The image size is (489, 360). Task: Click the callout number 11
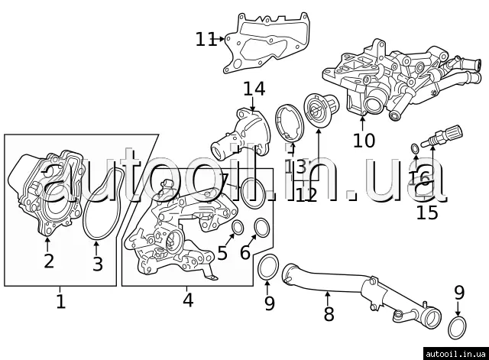(x=206, y=39)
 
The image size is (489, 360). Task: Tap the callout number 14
(x=254, y=89)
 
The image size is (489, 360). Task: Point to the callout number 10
(x=364, y=140)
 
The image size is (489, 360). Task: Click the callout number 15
(x=427, y=212)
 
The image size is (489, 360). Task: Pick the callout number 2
(x=48, y=261)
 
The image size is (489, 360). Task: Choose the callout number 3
(x=97, y=264)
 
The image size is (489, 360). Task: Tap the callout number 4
(x=188, y=300)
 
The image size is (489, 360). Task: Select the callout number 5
(x=222, y=253)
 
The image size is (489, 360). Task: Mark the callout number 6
(x=244, y=253)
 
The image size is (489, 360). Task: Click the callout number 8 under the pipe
(x=329, y=313)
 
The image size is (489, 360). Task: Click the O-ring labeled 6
(x=261, y=227)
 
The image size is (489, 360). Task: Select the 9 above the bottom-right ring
(x=458, y=292)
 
